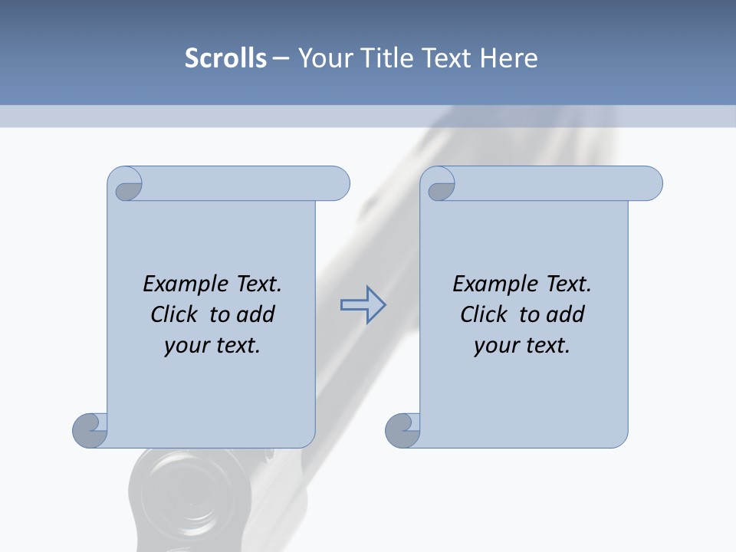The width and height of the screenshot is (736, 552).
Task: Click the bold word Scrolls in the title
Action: click(225, 58)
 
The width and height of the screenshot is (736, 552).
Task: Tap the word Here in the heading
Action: click(509, 58)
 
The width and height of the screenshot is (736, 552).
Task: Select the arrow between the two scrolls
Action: click(363, 305)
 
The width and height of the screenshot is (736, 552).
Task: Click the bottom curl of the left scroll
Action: click(90, 430)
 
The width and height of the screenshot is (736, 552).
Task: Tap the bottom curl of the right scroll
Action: click(402, 430)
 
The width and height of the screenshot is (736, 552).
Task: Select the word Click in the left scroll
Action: click(176, 314)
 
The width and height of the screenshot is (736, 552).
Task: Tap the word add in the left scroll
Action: click(255, 314)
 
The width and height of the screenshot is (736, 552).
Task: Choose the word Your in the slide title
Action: click(321, 58)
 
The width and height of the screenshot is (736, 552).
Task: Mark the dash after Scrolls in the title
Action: click(281, 58)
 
